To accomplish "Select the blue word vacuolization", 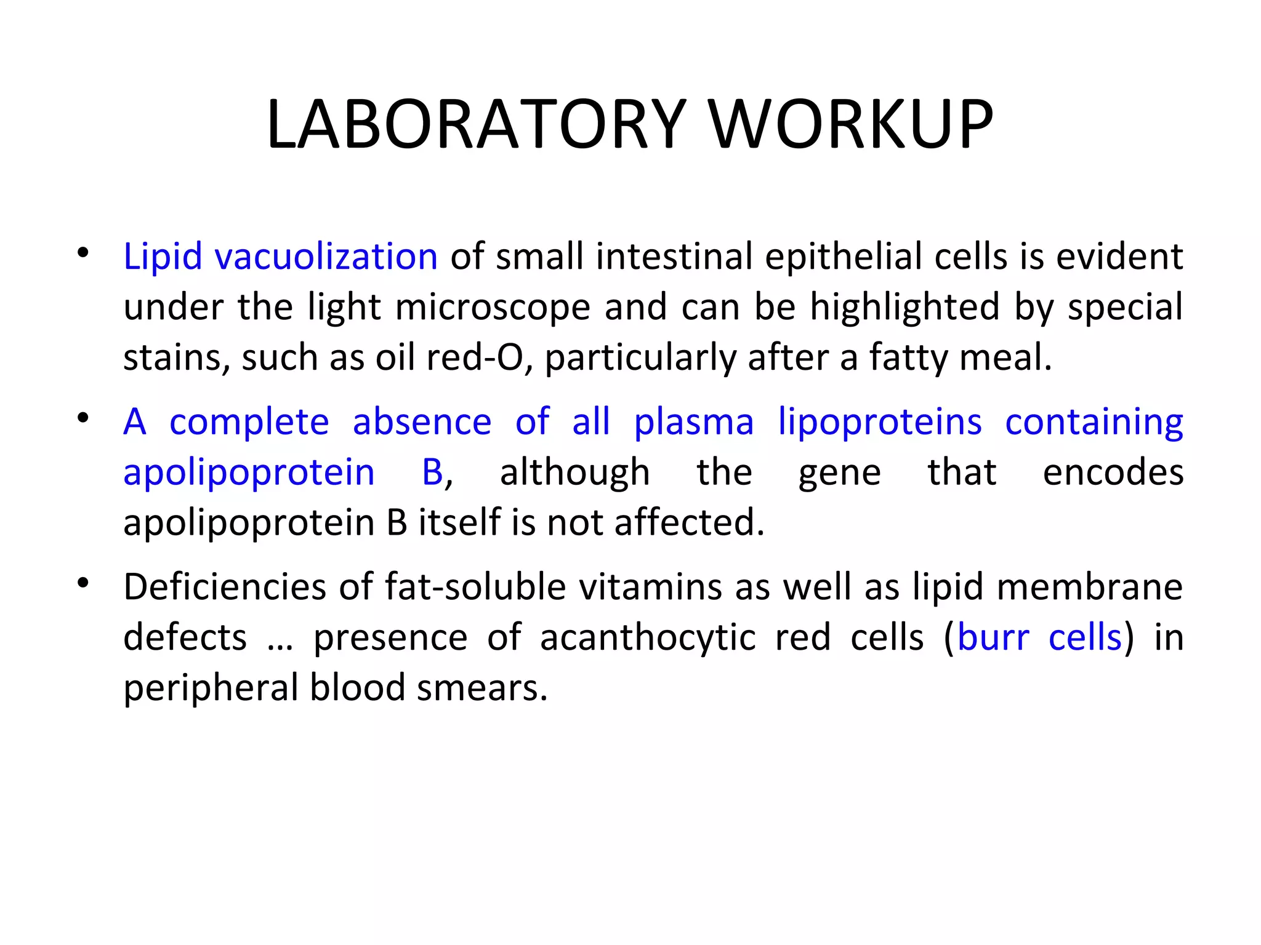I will click(x=326, y=257).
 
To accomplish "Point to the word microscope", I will click(x=493, y=308).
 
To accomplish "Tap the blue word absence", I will click(x=422, y=423).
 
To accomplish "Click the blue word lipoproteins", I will click(x=880, y=423).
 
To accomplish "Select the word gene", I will click(x=840, y=474).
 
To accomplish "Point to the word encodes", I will click(x=1113, y=473).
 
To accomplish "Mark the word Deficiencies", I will click(x=225, y=587).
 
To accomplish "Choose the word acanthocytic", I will click(x=648, y=638).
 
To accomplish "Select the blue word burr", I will click(x=993, y=638).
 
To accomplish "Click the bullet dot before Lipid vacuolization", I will click(x=83, y=253).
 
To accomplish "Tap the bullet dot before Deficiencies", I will click(x=83, y=583).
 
